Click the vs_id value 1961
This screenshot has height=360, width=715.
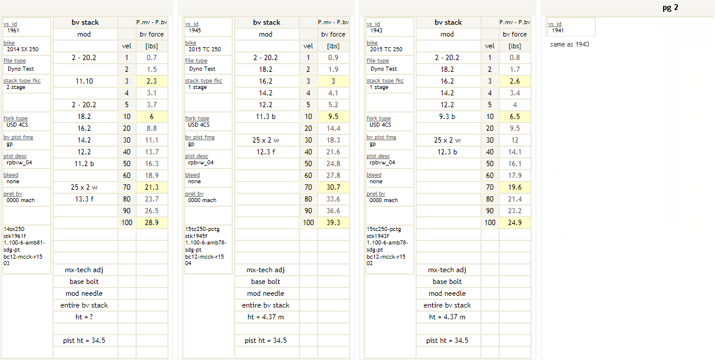tap(14, 30)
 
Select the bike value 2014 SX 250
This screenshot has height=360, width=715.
tap(23, 49)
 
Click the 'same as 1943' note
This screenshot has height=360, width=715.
tap(569, 44)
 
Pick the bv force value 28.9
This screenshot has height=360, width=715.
tap(151, 223)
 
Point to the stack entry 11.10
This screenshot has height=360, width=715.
tap(84, 81)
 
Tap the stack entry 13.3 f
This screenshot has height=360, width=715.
tap(84, 199)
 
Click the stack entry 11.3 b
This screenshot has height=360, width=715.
tap(266, 117)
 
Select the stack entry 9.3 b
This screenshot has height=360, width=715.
tap(447, 117)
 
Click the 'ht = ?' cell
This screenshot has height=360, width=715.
tap(84, 317)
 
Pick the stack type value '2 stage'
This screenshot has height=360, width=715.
tap(16, 87)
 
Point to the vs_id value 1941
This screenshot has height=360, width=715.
tap(558, 30)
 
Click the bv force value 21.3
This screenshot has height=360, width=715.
tap(151, 187)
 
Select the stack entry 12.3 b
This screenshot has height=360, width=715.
tap(447, 152)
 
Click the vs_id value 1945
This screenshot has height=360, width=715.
tap(195, 30)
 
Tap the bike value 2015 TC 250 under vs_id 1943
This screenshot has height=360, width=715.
tap(386, 49)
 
